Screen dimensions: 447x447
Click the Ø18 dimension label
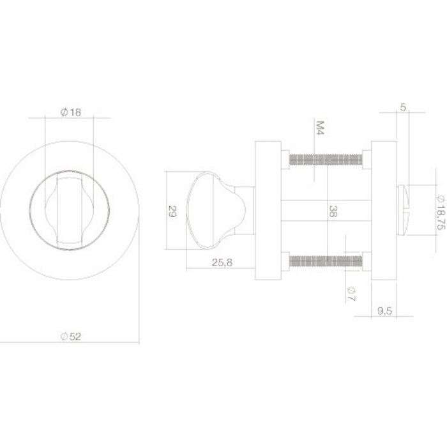(x=71, y=112)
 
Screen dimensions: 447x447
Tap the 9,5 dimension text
(x=385, y=311)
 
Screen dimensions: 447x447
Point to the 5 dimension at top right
(x=402, y=107)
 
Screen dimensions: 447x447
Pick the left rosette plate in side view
(x=268, y=210)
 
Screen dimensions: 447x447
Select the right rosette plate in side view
(x=383, y=210)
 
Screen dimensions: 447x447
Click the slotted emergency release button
(x=404, y=210)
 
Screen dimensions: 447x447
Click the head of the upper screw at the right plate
(x=365, y=158)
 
